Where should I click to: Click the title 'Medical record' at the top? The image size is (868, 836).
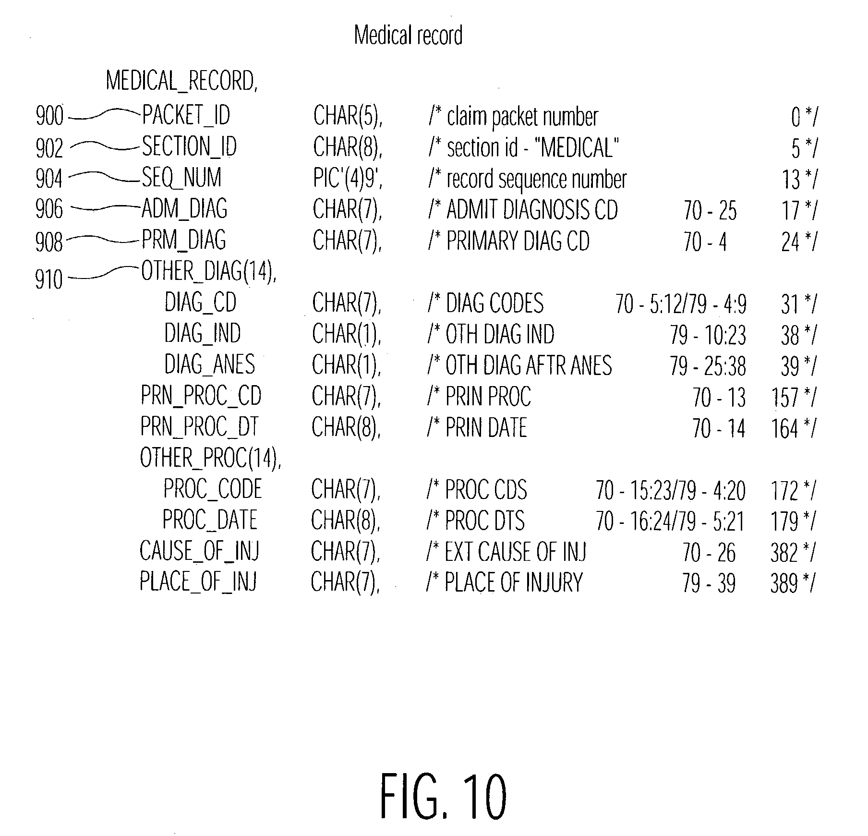coord(408,35)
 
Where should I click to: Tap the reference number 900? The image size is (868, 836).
coord(49,116)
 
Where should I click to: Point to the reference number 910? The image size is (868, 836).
coord(49,279)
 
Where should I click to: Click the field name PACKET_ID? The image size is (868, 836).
coord(186,115)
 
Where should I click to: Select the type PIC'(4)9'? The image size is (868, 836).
coord(348,178)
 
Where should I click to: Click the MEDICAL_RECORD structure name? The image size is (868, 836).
coord(181,81)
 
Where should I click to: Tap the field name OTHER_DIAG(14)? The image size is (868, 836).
coord(208,271)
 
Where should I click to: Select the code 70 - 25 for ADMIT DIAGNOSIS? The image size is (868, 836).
coord(710,210)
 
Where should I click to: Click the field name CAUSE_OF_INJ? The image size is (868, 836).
coord(199,550)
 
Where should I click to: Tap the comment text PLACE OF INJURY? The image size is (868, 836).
coord(513,582)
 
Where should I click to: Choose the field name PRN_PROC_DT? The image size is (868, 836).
coord(199,426)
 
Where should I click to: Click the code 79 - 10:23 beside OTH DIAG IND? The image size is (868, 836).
coord(708,335)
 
